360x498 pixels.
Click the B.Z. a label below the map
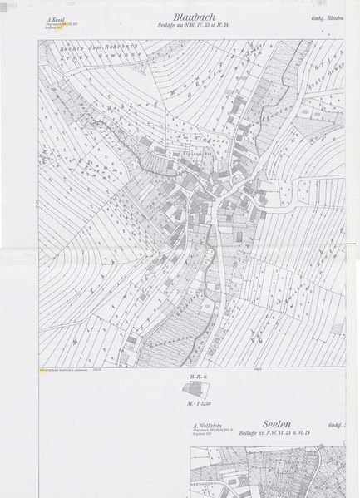(x=197, y=377)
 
